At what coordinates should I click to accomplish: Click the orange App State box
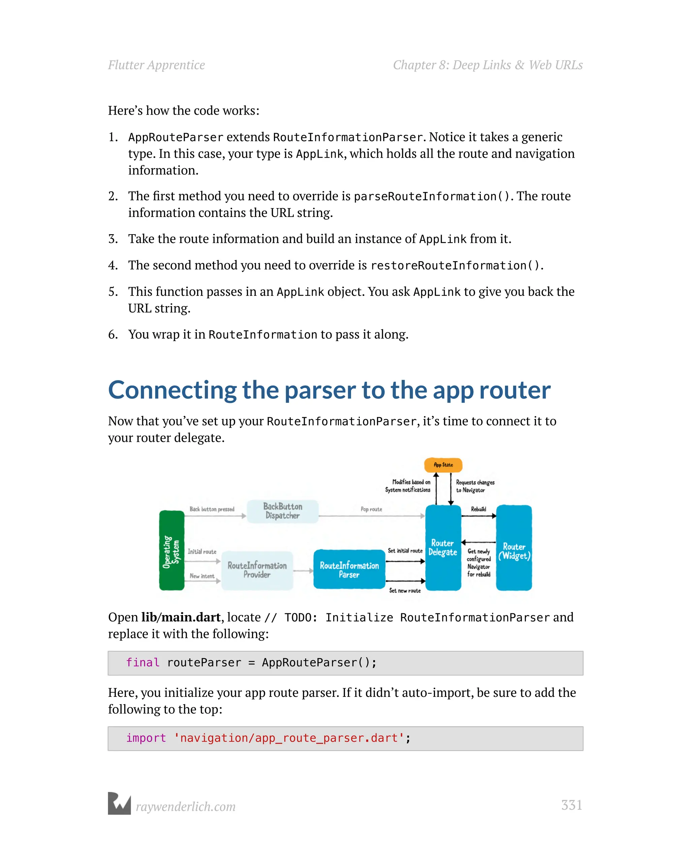[x=443, y=465]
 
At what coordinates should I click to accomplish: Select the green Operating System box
[x=171, y=550]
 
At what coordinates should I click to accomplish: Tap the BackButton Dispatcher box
[x=282, y=511]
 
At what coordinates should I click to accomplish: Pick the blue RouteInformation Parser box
[x=349, y=570]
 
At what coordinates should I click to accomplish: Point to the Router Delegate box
[x=443, y=548]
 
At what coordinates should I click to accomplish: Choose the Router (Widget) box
[x=514, y=548]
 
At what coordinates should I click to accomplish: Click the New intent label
[x=202, y=576]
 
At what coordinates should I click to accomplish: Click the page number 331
[x=571, y=805]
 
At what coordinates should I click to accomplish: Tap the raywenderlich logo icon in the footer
[x=119, y=803]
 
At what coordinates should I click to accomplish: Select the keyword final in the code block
[x=143, y=663]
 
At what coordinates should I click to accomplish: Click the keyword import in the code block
[x=146, y=738]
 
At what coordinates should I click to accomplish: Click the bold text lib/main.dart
[x=181, y=617]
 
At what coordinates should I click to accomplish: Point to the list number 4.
[x=113, y=265]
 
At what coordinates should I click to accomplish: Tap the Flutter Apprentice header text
[x=156, y=65]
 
